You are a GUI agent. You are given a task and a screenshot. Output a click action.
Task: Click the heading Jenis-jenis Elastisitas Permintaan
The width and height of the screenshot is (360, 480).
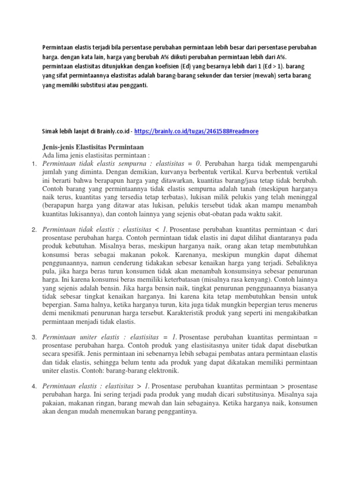(93, 147)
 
